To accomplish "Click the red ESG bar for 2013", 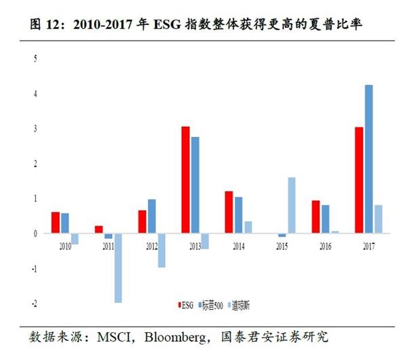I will point(185,180).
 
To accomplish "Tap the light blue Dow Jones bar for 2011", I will point(118,268).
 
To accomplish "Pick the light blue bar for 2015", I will point(292,205).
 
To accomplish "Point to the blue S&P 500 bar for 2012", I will point(152,216).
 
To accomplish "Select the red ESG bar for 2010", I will point(56,222).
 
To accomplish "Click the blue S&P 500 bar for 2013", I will point(195,185).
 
